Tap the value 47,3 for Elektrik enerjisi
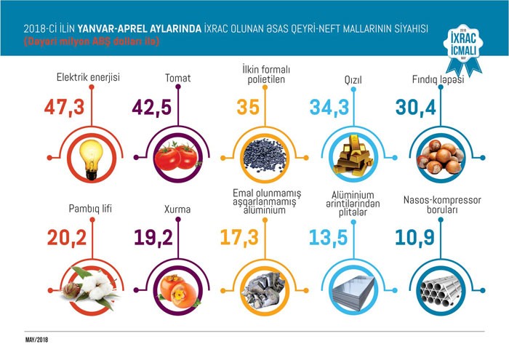pos(64,108)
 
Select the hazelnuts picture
pos(441,156)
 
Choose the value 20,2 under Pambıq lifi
pos(67,238)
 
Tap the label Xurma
pos(177,209)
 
